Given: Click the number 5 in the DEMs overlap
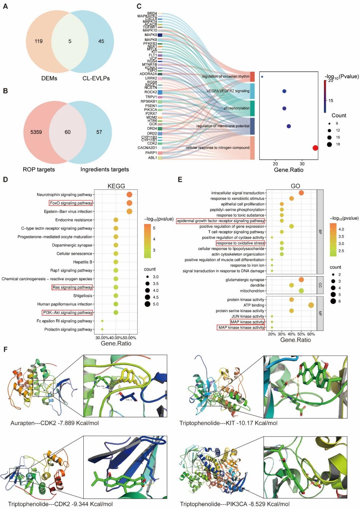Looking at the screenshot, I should (x=70, y=41).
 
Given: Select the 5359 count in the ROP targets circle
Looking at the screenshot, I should (x=36, y=132).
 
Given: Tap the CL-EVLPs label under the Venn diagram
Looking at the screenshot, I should (x=96, y=78).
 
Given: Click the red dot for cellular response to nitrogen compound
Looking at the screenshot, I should (x=315, y=148).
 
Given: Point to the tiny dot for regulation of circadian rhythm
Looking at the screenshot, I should (x=262, y=77).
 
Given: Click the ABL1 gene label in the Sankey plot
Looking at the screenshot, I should (x=152, y=158).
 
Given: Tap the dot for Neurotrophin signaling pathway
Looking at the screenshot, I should (x=129, y=195).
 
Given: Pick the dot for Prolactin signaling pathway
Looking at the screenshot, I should (x=102, y=329).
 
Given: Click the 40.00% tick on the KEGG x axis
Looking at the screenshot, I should (x=116, y=338).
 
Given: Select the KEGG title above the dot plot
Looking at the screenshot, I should (x=116, y=186).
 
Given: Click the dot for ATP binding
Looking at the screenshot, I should (x=311, y=305).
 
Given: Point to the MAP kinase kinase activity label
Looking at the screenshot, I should (x=241, y=327).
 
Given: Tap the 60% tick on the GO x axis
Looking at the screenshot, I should (x=311, y=334).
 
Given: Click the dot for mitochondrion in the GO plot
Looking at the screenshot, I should (x=301, y=291).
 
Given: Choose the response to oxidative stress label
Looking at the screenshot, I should (x=240, y=243).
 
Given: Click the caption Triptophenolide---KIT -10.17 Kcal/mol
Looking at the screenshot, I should (x=228, y=423).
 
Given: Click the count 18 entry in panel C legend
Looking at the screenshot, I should (x=329, y=144).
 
